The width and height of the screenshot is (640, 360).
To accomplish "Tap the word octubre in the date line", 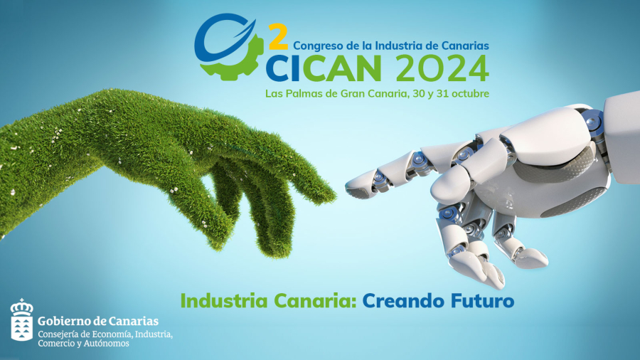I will click(469, 93).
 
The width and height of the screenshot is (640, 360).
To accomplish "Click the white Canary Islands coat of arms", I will click(21, 320).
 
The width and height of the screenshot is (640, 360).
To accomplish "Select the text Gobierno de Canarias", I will click(98, 322).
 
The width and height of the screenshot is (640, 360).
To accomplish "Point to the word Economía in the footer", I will click(111, 334).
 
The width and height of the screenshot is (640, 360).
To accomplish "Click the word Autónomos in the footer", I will click(108, 344).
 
